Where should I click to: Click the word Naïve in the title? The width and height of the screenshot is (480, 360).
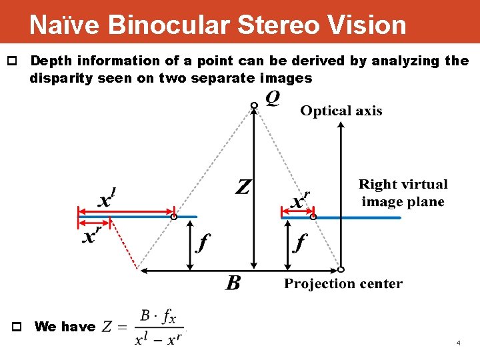click(x=63, y=25)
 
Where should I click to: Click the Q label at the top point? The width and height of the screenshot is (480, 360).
click(x=273, y=99)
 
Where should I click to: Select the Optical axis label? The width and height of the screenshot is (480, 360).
click(x=341, y=111)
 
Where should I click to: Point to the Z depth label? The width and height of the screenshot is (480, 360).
click(x=243, y=186)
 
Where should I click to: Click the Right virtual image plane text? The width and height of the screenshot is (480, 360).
click(x=403, y=193)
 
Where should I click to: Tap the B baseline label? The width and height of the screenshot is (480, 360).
click(x=233, y=284)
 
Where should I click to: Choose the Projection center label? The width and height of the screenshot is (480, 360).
click(x=343, y=284)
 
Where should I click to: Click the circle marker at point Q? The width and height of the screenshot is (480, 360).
click(x=253, y=105)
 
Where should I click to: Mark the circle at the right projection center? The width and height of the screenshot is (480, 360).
click(x=341, y=270)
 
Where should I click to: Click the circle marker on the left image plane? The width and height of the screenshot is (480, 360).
click(x=173, y=217)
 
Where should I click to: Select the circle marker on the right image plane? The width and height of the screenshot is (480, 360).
click(x=313, y=217)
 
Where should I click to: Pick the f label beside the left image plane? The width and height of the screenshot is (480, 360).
click(x=201, y=243)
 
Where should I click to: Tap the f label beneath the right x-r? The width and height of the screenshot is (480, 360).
click(x=300, y=243)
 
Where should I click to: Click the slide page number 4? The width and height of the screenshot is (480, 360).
click(x=458, y=343)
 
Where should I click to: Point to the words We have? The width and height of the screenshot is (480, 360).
click(x=65, y=327)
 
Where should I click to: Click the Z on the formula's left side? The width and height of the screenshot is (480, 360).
click(x=108, y=327)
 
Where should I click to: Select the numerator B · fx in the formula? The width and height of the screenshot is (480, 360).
click(x=159, y=315)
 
